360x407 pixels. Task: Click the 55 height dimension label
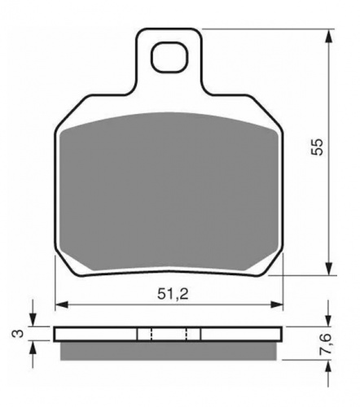tap(317, 147)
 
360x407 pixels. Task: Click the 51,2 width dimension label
tap(173, 294)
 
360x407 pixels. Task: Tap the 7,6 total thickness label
tap(326, 344)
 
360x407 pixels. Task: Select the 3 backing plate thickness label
tap(16, 333)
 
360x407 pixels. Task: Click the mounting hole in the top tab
tap(169, 57)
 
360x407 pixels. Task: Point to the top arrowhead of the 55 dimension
tap(329, 37)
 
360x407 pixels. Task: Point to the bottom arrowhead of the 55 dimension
tap(329, 269)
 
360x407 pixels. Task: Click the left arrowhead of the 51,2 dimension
tap(62, 304)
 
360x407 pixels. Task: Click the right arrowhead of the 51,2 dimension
tap(276, 304)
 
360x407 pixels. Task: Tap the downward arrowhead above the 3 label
tap(33, 320)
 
